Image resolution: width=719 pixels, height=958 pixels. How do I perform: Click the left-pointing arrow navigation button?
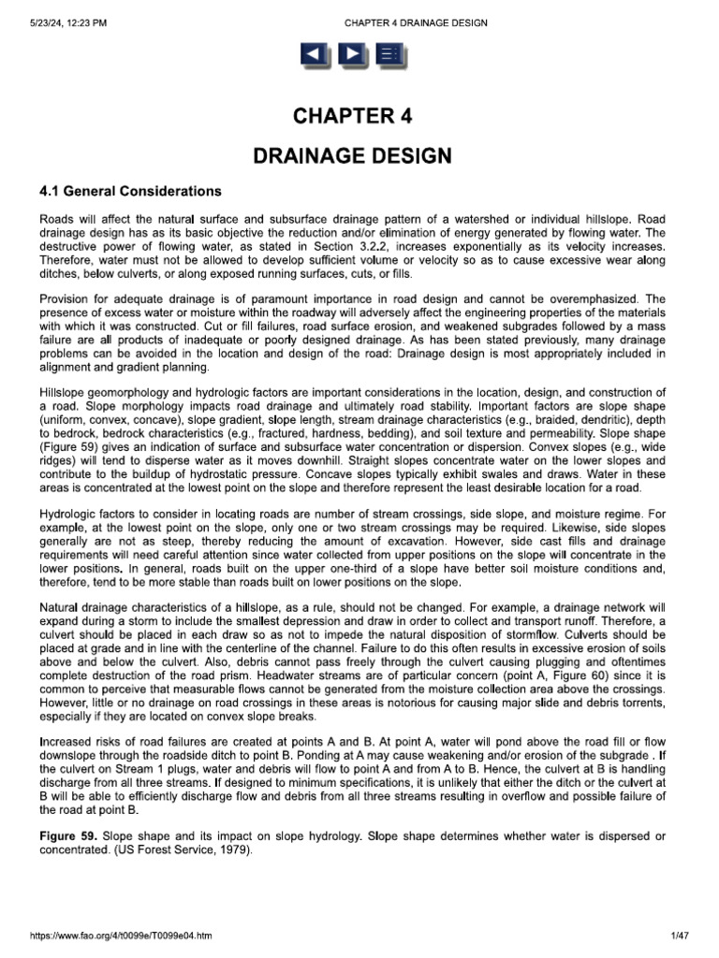click(x=314, y=56)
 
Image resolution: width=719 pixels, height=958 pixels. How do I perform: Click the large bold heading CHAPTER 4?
click(x=352, y=117)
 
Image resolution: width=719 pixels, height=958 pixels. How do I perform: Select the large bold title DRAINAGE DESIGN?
click(x=352, y=155)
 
